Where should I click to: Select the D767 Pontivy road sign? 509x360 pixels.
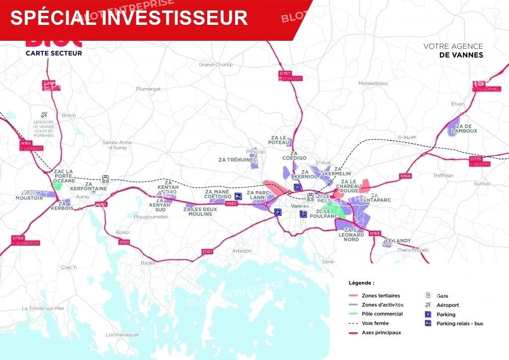coord(290,76)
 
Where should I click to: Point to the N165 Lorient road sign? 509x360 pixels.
coord(32,146)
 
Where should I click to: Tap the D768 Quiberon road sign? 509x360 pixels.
coord(25,241)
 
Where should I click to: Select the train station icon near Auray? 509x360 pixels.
coord(105,179)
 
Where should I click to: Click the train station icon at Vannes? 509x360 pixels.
coord(311,196)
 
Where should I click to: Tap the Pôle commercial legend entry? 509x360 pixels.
coord(382,314)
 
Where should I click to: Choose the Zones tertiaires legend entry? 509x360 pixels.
coord(381,295)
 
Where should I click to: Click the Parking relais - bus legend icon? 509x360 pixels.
coord(427,323)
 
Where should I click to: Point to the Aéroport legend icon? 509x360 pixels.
coord(427,305)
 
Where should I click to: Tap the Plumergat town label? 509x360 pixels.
coord(149,89)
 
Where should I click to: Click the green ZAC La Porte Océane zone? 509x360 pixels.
coord(58,185)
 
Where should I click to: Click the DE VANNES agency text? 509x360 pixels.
coord(461,55)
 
